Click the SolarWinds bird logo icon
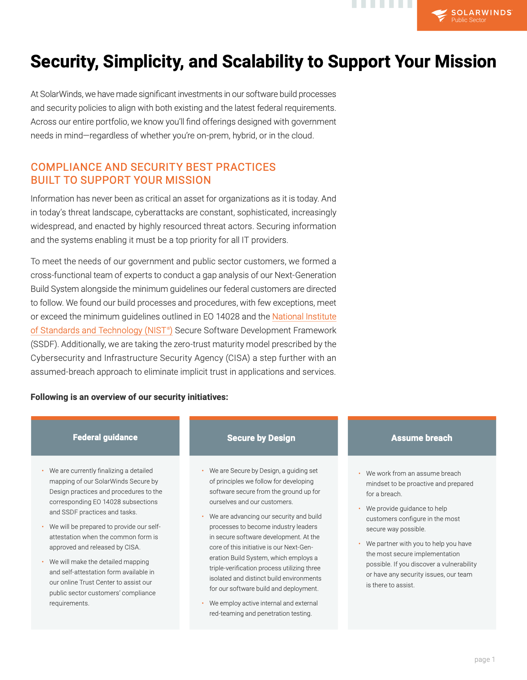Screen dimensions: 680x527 pos(439,15)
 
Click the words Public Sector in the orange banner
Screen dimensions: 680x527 pos(469,20)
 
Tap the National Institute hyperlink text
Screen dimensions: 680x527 pos(304,317)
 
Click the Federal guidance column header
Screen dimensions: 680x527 pos(105,437)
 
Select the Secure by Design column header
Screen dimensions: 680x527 pos(261,438)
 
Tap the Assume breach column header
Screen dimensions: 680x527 pos(422,438)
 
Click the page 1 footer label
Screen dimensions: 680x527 pos(484,659)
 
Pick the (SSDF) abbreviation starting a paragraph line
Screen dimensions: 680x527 pos(45,344)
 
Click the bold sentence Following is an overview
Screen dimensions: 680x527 pos(129,397)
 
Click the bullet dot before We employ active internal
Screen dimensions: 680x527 pos(203,603)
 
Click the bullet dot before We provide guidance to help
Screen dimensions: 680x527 pos(359,508)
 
